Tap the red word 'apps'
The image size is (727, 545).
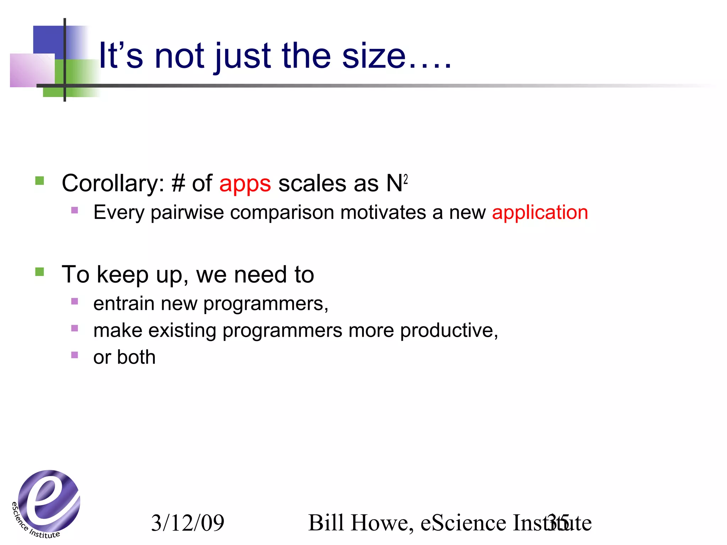[x=245, y=184]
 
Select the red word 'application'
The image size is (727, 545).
[x=540, y=213]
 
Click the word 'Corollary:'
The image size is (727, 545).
[x=113, y=184]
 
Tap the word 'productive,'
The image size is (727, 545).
[x=449, y=331]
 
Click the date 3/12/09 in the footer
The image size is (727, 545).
[x=188, y=523]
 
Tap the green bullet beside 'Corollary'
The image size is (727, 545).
[x=40, y=181]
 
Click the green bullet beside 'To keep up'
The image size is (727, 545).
[x=40, y=272]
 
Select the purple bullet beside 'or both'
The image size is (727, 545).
[x=75, y=355]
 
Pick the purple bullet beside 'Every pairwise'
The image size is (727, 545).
[x=75, y=210]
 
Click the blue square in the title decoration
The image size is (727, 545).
[x=48, y=39]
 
